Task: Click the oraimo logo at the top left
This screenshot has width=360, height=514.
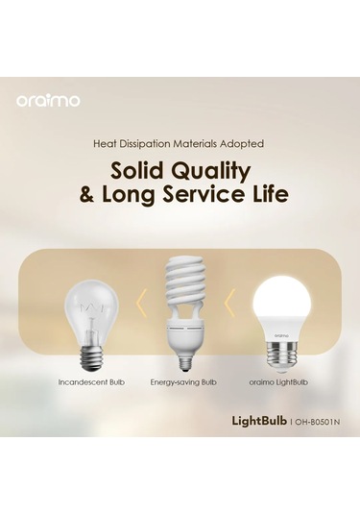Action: point(48,99)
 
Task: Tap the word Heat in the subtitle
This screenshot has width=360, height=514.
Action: point(108,143)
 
